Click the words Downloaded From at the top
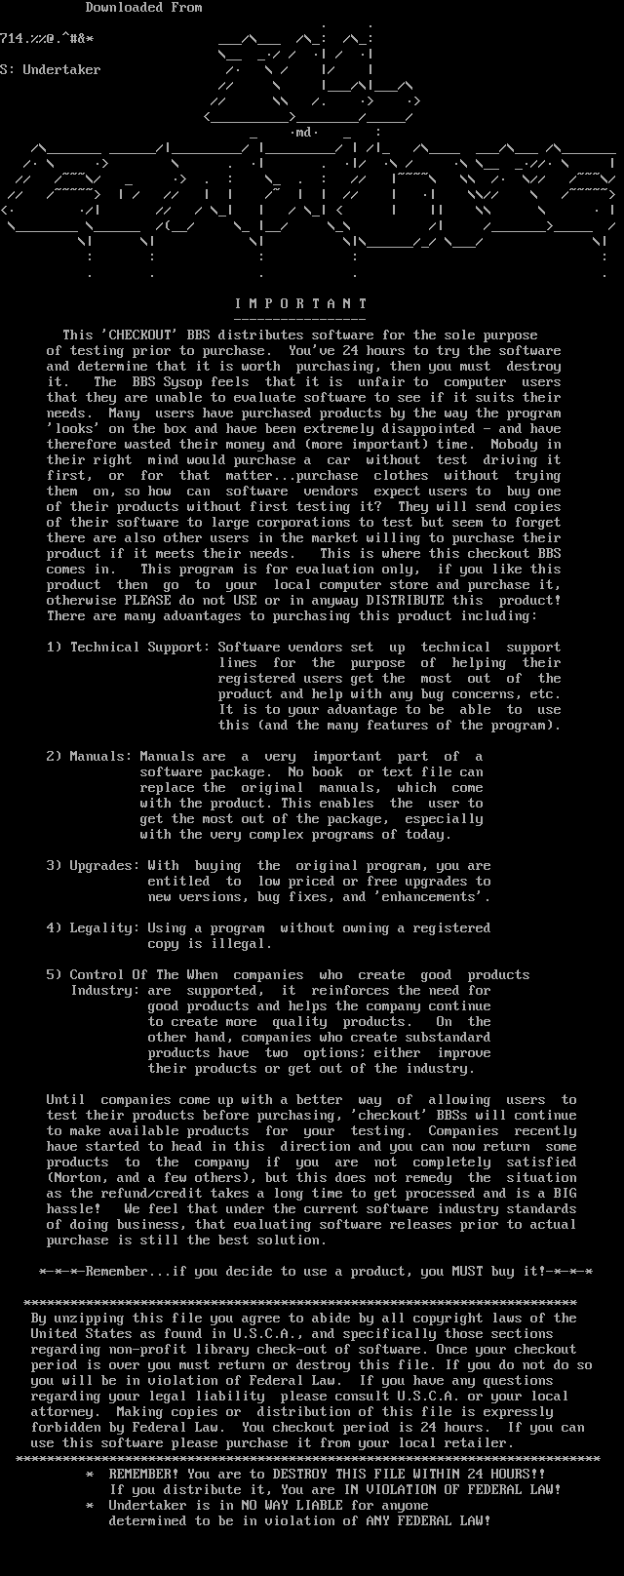pyautogui.click(x=143, y=8)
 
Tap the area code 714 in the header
pyautogui.click(x=12, y=39)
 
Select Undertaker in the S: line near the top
pyautogui.click(x=61, y=70)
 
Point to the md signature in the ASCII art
pyautogui.click(x=303, y=132)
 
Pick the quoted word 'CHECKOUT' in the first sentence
pyautogui.click(x=136, y=335)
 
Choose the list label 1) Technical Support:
pyautogui.click(x=128, y=648)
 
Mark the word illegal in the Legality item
pyautogui.click(x=241, y=944)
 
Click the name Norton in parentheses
pyautogui.click(x=77, y=1178)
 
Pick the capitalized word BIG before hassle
pyautogui.click(x=565, y=1194)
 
